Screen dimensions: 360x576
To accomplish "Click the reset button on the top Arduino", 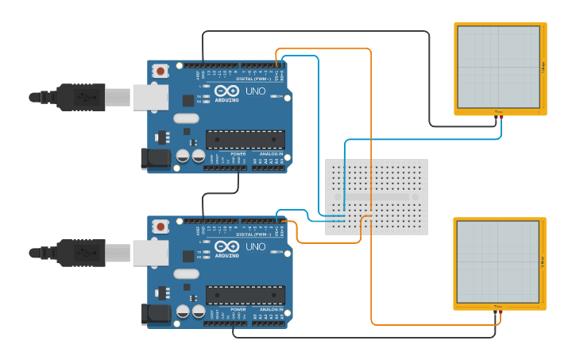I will coord(161,71).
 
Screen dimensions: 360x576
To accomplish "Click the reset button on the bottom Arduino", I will coord(161,226).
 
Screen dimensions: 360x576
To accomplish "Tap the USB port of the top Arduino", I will coord(150,97).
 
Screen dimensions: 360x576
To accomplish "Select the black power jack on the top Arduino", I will coord(156,157).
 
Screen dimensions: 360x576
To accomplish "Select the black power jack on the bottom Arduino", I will coord(156,313).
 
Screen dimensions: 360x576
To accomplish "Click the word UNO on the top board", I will coord(256,91).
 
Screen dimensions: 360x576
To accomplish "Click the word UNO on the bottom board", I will coord(256,247).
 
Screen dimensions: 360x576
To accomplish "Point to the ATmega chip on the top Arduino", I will coord(245,140).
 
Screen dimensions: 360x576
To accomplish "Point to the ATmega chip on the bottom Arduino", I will coord(245,296).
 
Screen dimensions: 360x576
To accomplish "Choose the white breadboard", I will coord(377,196).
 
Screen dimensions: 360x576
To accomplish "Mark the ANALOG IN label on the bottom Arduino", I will coord(270,309).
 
